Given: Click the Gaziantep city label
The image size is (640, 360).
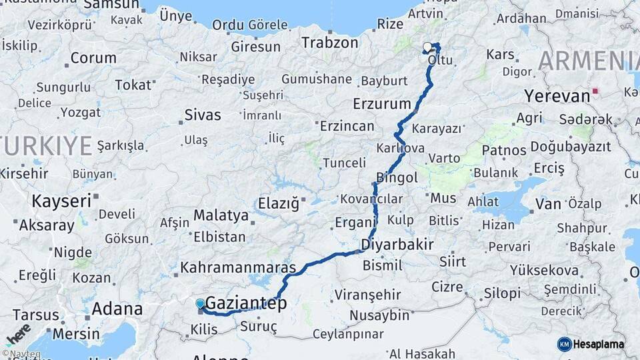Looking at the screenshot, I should tap(246, 303).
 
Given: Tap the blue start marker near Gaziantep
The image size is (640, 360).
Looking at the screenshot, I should tap(200, 304).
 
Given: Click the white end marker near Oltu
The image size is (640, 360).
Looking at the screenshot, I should tap(427, 47).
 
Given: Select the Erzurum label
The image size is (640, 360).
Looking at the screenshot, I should tap(381, 104).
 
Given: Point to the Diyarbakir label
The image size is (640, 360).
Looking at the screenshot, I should tap(397, 244).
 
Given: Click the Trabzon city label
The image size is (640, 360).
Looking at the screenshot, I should tap(330, 43).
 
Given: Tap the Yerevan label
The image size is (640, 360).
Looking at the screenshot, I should tap(557, 95).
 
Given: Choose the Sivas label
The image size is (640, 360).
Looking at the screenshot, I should tap(202, 115).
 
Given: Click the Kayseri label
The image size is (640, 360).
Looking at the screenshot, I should tap(61, 201).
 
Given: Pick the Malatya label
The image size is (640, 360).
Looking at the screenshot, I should tap(221, 215).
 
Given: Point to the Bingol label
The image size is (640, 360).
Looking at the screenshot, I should tap(397, 177).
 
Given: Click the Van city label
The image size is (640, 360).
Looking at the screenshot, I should tap(548, 203).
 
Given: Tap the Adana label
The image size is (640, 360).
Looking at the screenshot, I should tap(117, 309).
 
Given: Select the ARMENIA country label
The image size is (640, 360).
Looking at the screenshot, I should tap(588, 61).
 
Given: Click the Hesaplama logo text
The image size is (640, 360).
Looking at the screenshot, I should tap(599, 344).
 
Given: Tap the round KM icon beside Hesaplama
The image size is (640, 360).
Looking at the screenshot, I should tap(564, 344).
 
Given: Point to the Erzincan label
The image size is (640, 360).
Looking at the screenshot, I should tap(347, 125).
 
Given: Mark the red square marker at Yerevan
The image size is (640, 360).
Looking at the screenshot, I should tap(595, 91).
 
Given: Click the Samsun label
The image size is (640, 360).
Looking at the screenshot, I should tap(111, 5).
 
